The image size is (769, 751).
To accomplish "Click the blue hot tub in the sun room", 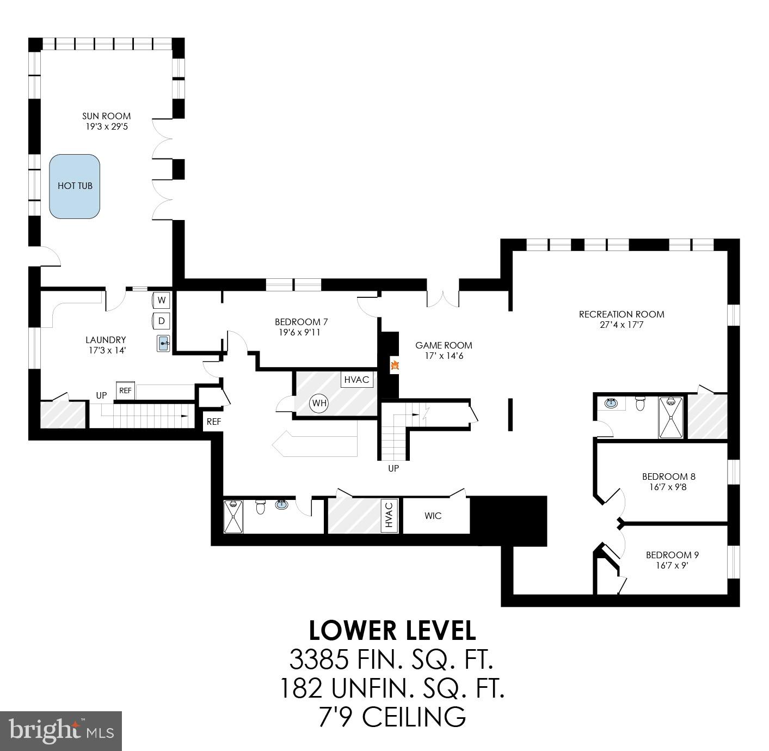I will click(75, 186).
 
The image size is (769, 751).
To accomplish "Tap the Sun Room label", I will click(106, 116).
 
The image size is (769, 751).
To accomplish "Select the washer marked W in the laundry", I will click(162, 300).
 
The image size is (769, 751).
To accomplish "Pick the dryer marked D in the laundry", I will click(162, 321).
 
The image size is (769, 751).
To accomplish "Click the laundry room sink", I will click(163, 344).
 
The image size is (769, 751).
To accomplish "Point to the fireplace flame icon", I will click(395, 366).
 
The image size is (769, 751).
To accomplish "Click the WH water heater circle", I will click(319, 404).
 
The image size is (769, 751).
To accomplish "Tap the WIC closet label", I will click(433, 516).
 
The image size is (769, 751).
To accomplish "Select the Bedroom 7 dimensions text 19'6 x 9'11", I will click(297, 332).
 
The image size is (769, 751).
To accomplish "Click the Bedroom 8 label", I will click(668, 477).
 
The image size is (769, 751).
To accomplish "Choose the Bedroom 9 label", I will click(672, 555).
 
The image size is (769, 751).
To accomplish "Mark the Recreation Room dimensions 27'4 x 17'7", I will click(622, 325).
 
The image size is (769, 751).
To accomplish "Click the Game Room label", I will click(444, 345).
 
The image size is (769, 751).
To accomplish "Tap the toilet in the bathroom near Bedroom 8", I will click(640, 404).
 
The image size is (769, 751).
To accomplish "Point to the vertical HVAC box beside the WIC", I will click(389, 515).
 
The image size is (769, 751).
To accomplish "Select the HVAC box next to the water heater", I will click(357, 380).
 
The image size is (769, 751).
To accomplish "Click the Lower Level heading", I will click(392, 631).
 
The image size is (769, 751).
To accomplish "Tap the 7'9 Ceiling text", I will click(392, 716).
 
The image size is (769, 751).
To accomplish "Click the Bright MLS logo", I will click(61, 731).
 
